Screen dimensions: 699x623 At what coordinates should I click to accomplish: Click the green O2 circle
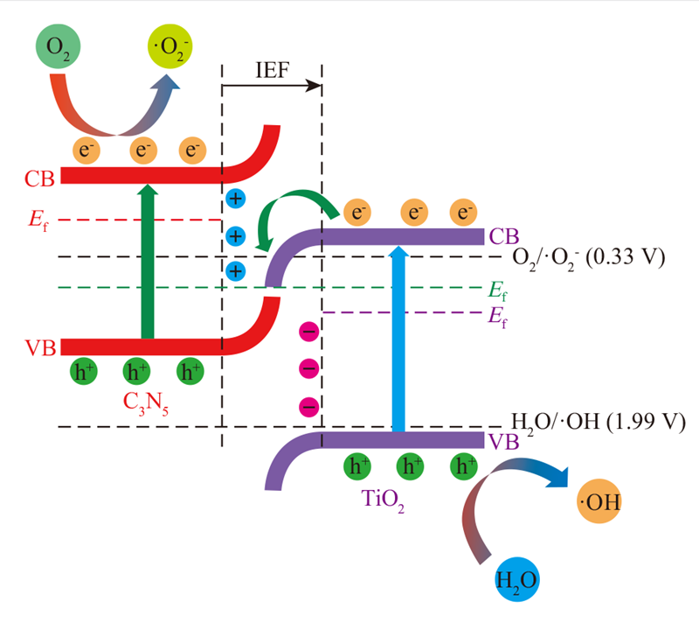point(58,46)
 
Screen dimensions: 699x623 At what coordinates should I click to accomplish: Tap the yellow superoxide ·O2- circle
point(170,46)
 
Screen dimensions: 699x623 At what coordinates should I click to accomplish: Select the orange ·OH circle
point(599,501)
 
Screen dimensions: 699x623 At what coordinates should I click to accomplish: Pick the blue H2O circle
point(517,579)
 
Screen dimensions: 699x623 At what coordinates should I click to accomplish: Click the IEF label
point(272,70)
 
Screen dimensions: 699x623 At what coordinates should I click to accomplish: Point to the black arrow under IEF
point(272,86)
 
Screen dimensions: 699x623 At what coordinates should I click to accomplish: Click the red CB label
point(39,178)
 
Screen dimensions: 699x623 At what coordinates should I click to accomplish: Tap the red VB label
point(40,348)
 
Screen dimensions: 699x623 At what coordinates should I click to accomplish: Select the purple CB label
point(504,236)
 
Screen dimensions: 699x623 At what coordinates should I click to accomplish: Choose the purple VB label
point(504,442)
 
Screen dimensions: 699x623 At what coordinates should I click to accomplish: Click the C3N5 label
point(145,403)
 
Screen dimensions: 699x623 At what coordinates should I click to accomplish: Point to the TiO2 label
point(383,500)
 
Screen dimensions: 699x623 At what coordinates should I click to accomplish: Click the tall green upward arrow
point(148,262)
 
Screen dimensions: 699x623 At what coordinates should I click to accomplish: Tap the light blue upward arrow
point(398,339)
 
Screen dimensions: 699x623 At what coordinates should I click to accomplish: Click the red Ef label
point(38,220)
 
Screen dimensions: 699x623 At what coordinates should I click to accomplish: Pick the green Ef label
point(497,290)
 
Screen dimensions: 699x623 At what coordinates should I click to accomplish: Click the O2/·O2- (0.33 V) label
point(588,259)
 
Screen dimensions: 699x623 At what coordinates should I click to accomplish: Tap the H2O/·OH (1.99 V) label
point(599,423)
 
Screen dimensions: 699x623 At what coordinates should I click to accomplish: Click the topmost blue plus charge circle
point(236,199)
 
